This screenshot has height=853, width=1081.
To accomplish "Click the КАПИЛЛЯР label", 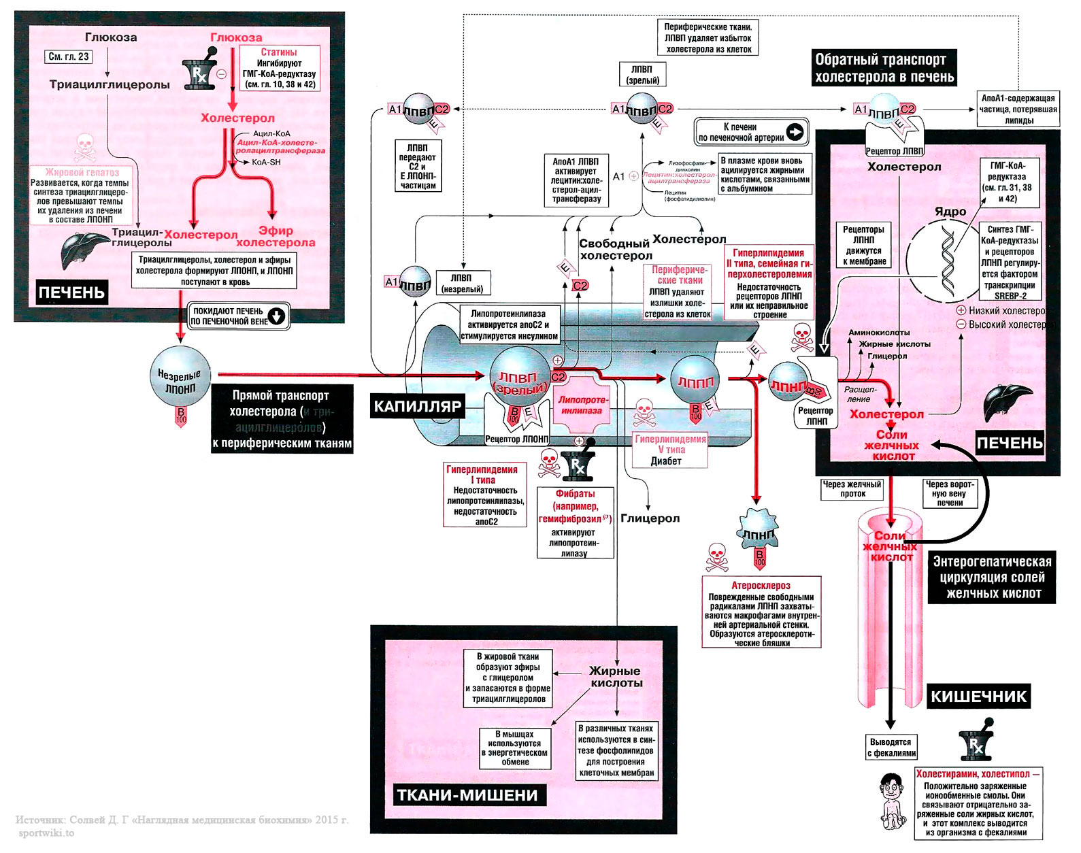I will (418, 407).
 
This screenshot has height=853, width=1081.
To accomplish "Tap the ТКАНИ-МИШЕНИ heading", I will (467, 795).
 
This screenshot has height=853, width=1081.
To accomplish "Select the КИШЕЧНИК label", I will (978, 697).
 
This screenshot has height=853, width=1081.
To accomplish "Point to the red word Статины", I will (279, 52).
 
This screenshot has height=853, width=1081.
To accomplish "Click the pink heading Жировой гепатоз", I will (82, 173).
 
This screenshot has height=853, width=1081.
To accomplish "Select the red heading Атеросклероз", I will (761, 585).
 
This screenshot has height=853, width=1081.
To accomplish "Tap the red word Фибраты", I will (575, 494).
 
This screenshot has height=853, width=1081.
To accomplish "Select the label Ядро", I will (950, 212).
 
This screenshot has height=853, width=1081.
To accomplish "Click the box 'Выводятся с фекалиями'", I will (891, 748).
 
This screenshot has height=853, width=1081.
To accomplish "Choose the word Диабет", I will (665, 461).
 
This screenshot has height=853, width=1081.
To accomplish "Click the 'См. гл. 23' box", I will (69, 57).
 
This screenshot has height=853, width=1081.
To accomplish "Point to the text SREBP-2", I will (1010, 296).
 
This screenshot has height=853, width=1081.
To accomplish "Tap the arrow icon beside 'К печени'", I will (795, 132).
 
